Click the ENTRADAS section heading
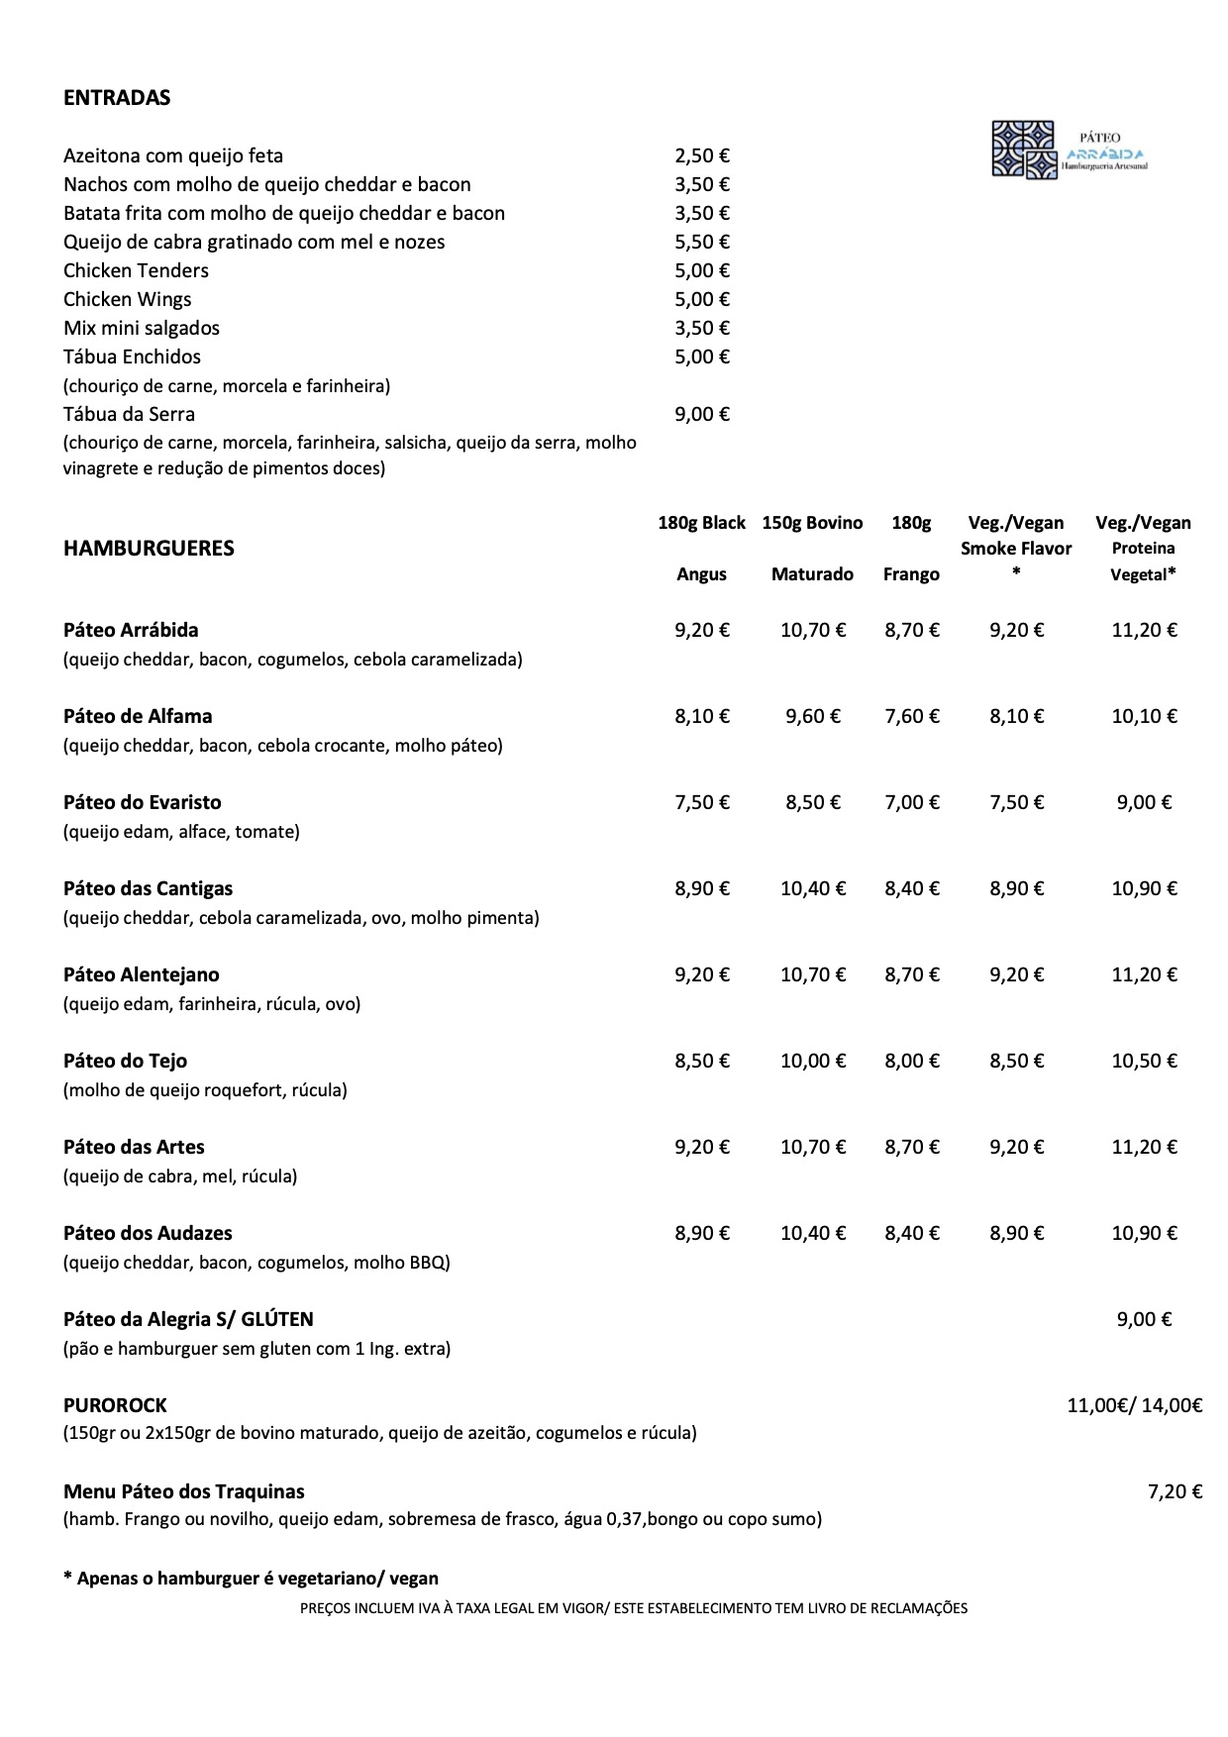[x=117, y=97]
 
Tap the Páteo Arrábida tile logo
[x=1024, y=150]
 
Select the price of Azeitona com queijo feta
[x=702, y=155]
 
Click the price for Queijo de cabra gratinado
[x=702, y=242]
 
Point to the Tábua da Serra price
[x=702, y=414]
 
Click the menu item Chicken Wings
[x=128, y=299]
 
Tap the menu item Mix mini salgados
[x=142, y=328]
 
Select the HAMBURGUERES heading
[x=149, y=549]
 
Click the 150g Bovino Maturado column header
[x=812, y=548]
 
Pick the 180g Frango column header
[x=911, y=548]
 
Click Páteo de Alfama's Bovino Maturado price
[x=813, y=716]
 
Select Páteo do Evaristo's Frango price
[x=912, y=802]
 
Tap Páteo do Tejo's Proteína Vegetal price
[x=1144, y=1061]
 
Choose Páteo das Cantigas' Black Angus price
[x=702, y=888]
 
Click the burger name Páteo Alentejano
[x=142, y=974]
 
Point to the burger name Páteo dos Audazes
[x=149, y=1233]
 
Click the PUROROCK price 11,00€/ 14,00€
[x=1134, y=1405]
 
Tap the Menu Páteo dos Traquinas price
[x=1175, y=1491]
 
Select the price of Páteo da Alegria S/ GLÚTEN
[x=1144, y=1319]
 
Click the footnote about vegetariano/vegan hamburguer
[x=251, y=1579]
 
